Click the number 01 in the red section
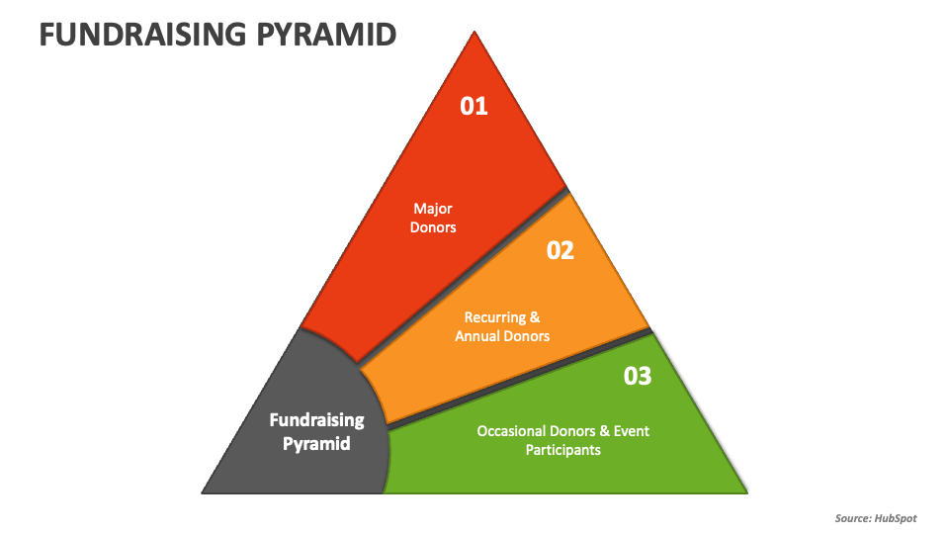(x=474, y=107)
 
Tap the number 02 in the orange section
(x=560, y=250)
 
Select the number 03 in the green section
(x=638, y=376)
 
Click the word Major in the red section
(x=433, y=209)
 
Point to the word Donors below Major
(x=433, y=227)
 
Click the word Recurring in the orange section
(x=495, y=317)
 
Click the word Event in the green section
(x=632, y=431)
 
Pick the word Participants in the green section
(x=562, y=450)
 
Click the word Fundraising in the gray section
(x=316, y=420)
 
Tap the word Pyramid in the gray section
(x=316, y=444)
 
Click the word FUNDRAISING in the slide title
(x=142, y=35)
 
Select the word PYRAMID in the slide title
(x=327, y=35)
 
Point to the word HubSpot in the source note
(x=896, y=518)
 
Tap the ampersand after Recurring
(x=535, y=317)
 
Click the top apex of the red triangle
(x=474, y=32)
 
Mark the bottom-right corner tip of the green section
(x=747, y=492)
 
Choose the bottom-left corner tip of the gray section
(x=202, y=492)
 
